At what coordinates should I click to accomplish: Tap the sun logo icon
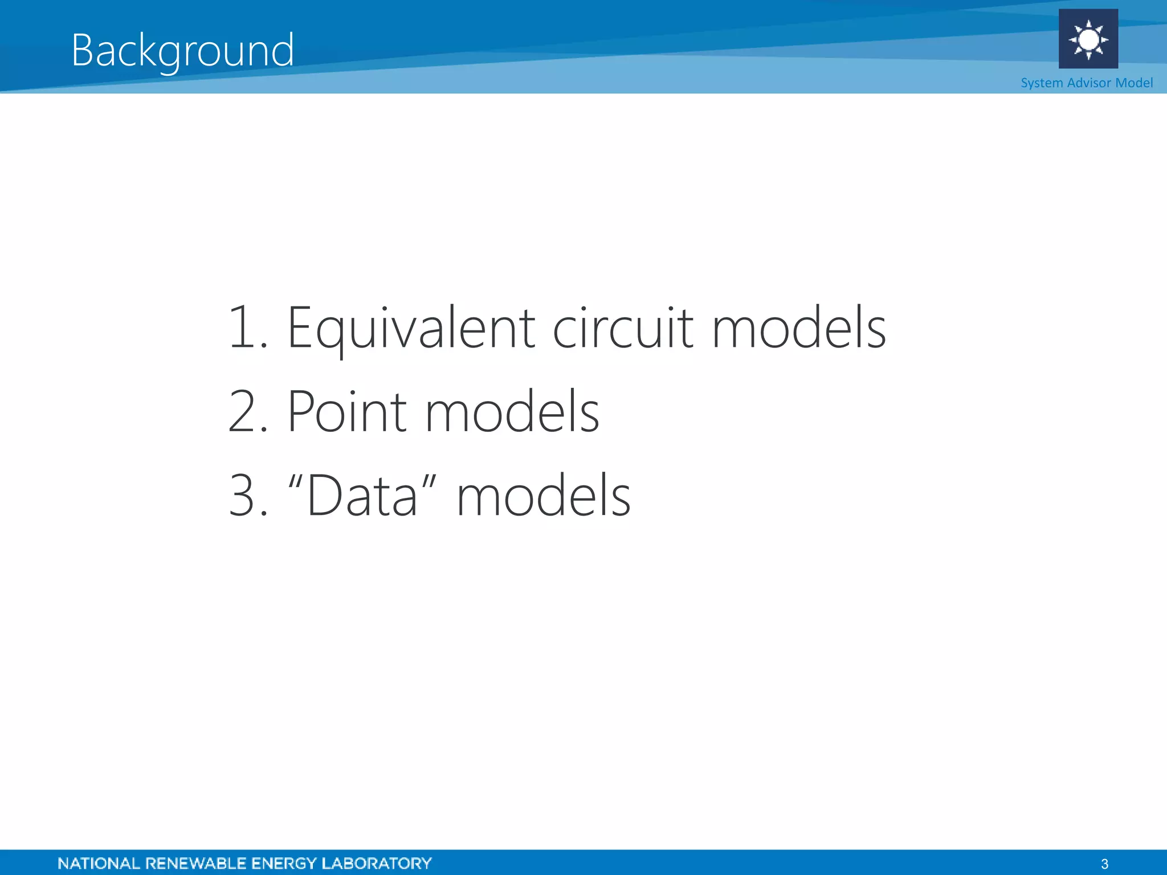(1088, 39)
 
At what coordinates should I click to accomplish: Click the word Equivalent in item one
(411, 329)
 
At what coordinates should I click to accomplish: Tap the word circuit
(623, 329)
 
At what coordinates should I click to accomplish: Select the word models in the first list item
(799, 329)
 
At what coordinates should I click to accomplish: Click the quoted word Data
(362, 496)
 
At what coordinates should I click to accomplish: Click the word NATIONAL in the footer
(99, 864)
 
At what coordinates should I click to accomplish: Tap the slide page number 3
(1105, 864)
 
